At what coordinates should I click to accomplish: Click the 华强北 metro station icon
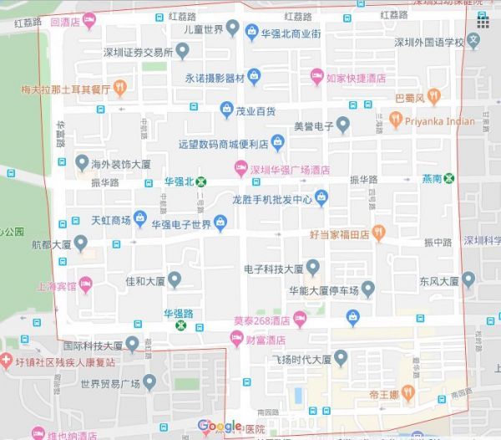click(x=200, y=181)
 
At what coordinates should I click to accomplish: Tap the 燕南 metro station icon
click(x=450, y=178)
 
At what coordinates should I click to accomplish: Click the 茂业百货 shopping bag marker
click(x=226, y=110)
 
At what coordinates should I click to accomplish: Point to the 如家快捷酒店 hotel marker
click(x=316, y=77)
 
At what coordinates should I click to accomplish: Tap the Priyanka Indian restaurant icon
click(x=394, y=120)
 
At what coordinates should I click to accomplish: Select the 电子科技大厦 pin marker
click(x=313, y=268)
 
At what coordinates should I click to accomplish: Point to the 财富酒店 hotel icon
click(x=237, y=340)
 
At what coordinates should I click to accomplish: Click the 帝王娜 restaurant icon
click(x=408, y=391)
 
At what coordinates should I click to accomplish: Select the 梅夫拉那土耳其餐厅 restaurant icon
click(x=119, y=87)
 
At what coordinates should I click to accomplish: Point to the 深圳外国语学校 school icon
click(x=474, y=39)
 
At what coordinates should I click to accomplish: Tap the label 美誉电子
click(x=313, y=127)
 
